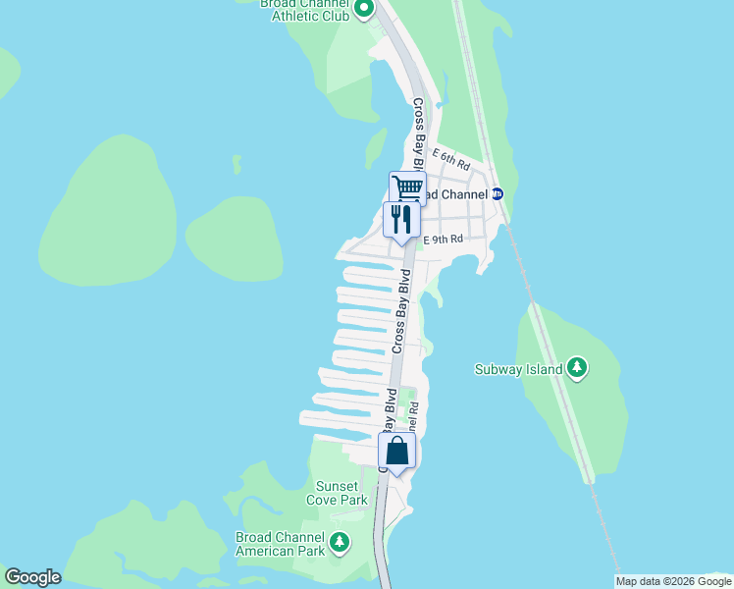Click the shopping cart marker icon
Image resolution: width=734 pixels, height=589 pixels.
coord(407,187)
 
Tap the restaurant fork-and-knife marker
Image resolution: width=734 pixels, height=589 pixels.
coord(400,218)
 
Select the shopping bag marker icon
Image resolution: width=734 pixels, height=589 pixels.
coord(396,451)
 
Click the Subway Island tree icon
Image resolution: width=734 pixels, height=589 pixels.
coord(577,368)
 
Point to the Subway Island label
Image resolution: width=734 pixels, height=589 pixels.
coord(518,369)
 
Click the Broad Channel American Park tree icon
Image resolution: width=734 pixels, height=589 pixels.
coord(340,542)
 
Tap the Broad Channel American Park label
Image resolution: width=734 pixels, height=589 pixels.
coord(281,543)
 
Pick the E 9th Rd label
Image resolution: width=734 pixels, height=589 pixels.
coord(443,239)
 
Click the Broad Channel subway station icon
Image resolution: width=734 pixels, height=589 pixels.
coord(497,194)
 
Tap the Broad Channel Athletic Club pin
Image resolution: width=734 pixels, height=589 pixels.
coord(364,10)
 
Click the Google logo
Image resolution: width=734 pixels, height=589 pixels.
coord(32,577)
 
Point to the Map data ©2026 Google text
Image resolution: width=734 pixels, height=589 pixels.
coord(674,581)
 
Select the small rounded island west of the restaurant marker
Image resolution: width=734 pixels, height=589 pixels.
coord(234,238)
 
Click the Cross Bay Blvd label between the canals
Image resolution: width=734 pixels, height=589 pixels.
coord(399,314)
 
